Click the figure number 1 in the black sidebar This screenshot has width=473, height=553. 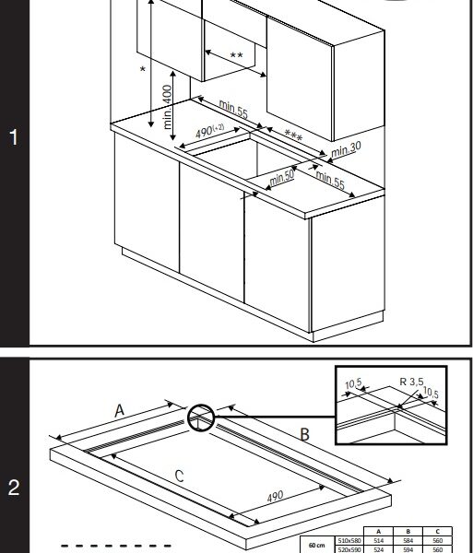pos(13,138)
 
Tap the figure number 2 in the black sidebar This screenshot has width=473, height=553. pos(13,488)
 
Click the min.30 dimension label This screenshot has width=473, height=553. pos(347,148)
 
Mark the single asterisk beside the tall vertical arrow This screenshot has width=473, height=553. pos(142,70)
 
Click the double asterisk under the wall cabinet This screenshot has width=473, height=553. pos(236,56)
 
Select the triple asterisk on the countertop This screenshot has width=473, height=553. pos(293,136)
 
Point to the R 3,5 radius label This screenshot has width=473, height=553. pos(414,380)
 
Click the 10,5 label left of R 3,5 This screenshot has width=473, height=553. pos(354,384)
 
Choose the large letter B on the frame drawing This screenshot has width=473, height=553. pos(304,433)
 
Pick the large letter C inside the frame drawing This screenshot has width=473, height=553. pos(180,476)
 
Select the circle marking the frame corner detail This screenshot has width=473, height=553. pos(202,419)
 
